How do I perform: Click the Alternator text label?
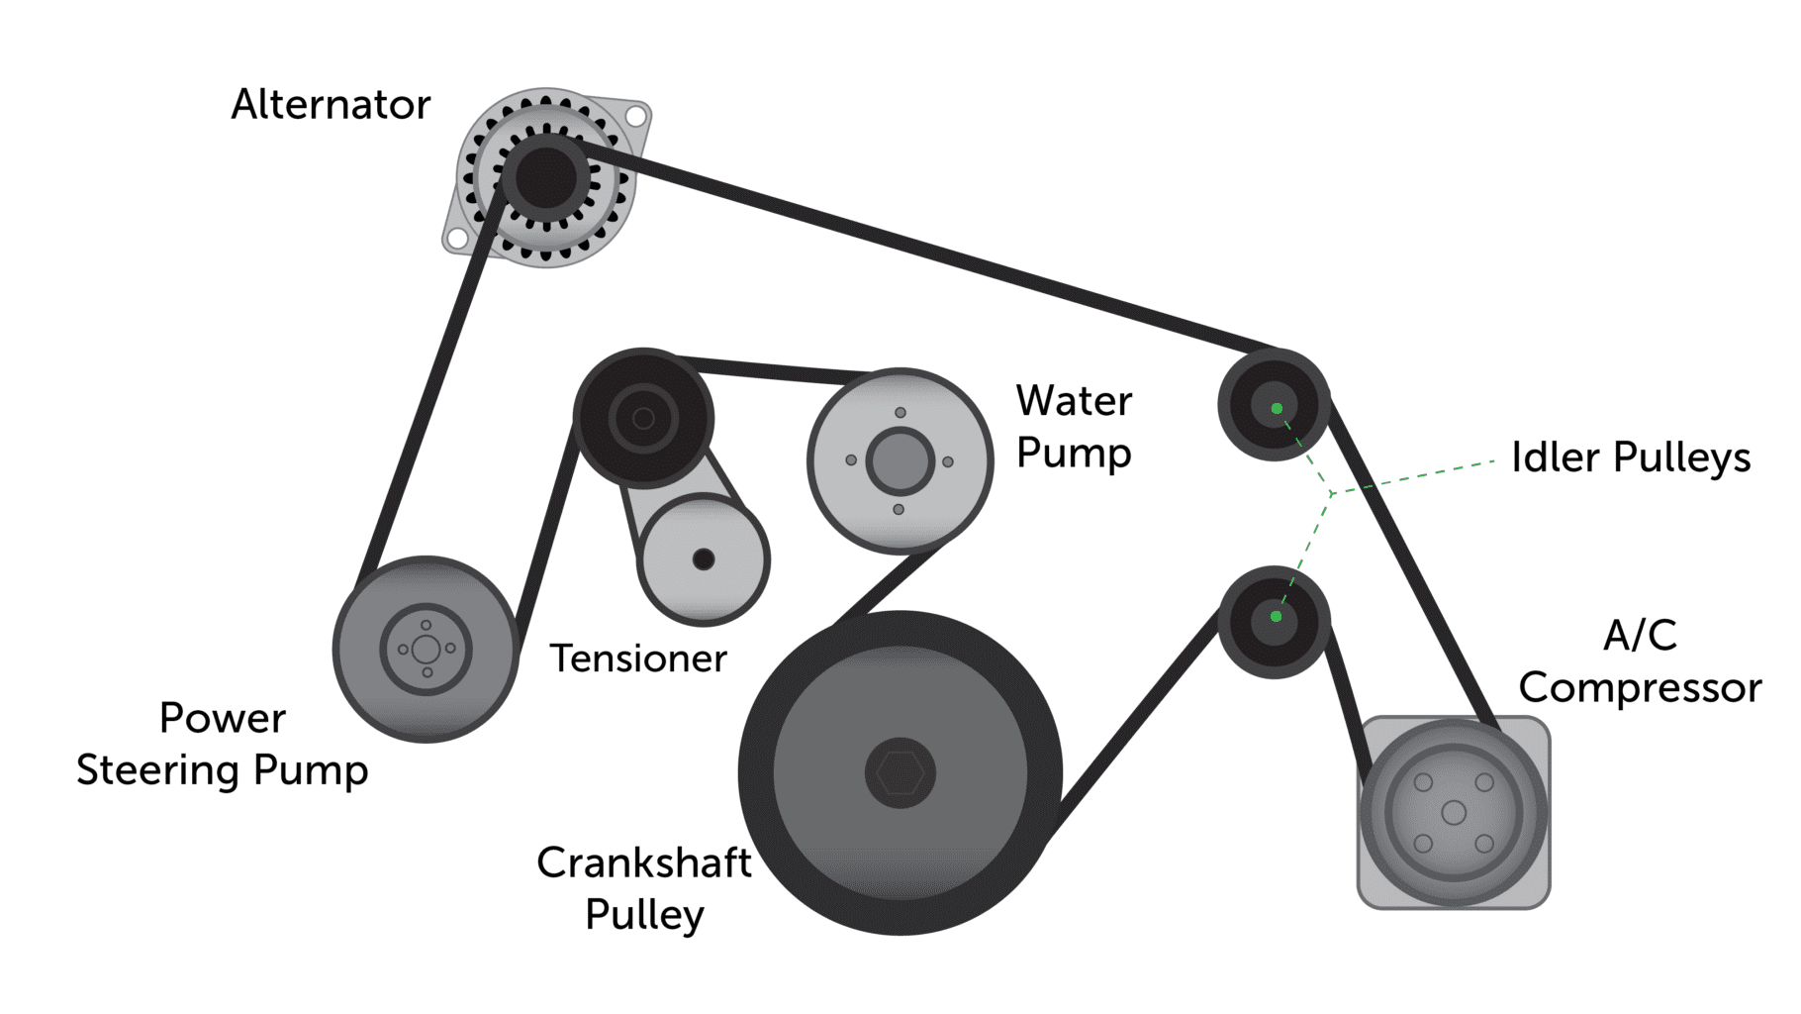click(x=331, y=105)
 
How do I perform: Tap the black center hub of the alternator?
click(x=545, y=178)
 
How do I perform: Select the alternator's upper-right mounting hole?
click(x=636, y=116)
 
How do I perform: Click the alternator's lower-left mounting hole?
click(x=457, y=239)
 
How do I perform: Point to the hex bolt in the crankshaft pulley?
click(x=900, y=772)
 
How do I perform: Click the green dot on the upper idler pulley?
click(x=1277, y=408)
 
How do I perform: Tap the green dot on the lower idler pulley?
click(x=1276, y=616)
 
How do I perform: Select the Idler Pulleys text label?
click(x=1631, y=457)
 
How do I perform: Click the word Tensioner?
click(x=638, y=659)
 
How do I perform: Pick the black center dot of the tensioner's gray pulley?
click(x=704, y=559)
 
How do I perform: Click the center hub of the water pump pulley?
click(x=900, y=460)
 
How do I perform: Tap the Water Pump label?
click(x=1074, y=427)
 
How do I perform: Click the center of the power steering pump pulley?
click(x=427, y=650)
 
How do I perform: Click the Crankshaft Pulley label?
click(x=644, y=888)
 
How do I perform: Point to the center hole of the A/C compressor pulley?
click(x=1454, y=813)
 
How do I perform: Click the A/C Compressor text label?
click(x=1640, y=661)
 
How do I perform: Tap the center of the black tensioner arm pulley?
click(x=643, y=418)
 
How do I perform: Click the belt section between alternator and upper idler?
click(x=920, y=249)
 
